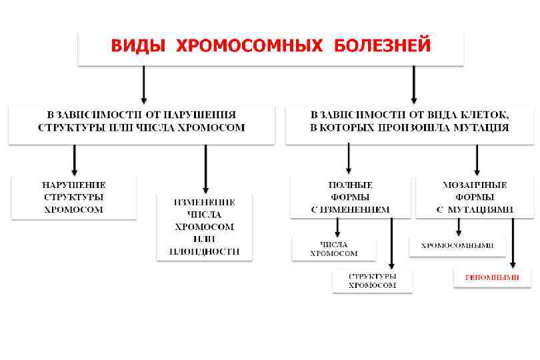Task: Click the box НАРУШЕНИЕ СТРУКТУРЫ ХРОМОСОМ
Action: (x=74, y=197)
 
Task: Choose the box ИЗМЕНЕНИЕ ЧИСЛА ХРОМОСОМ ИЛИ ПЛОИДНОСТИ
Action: (x=205, y=227)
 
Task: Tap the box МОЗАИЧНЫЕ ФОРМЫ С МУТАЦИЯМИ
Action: (x=475, y=197)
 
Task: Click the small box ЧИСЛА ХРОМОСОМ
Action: (x=334, y=249)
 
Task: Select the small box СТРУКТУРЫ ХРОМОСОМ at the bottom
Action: (x=372, y=281)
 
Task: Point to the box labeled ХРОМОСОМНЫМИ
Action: (x=457, y=245)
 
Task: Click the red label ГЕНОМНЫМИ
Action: (x=492, y=276)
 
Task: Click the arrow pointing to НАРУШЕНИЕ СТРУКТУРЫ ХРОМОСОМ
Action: (x=75, y=160)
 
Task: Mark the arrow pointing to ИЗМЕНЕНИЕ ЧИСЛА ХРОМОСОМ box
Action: (x=205, y=169)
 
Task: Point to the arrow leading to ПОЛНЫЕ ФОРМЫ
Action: (x=349, y=160)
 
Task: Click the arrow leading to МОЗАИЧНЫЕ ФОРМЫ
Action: (x=477, y=160)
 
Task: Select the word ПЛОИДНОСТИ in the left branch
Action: (x=205, y=251)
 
